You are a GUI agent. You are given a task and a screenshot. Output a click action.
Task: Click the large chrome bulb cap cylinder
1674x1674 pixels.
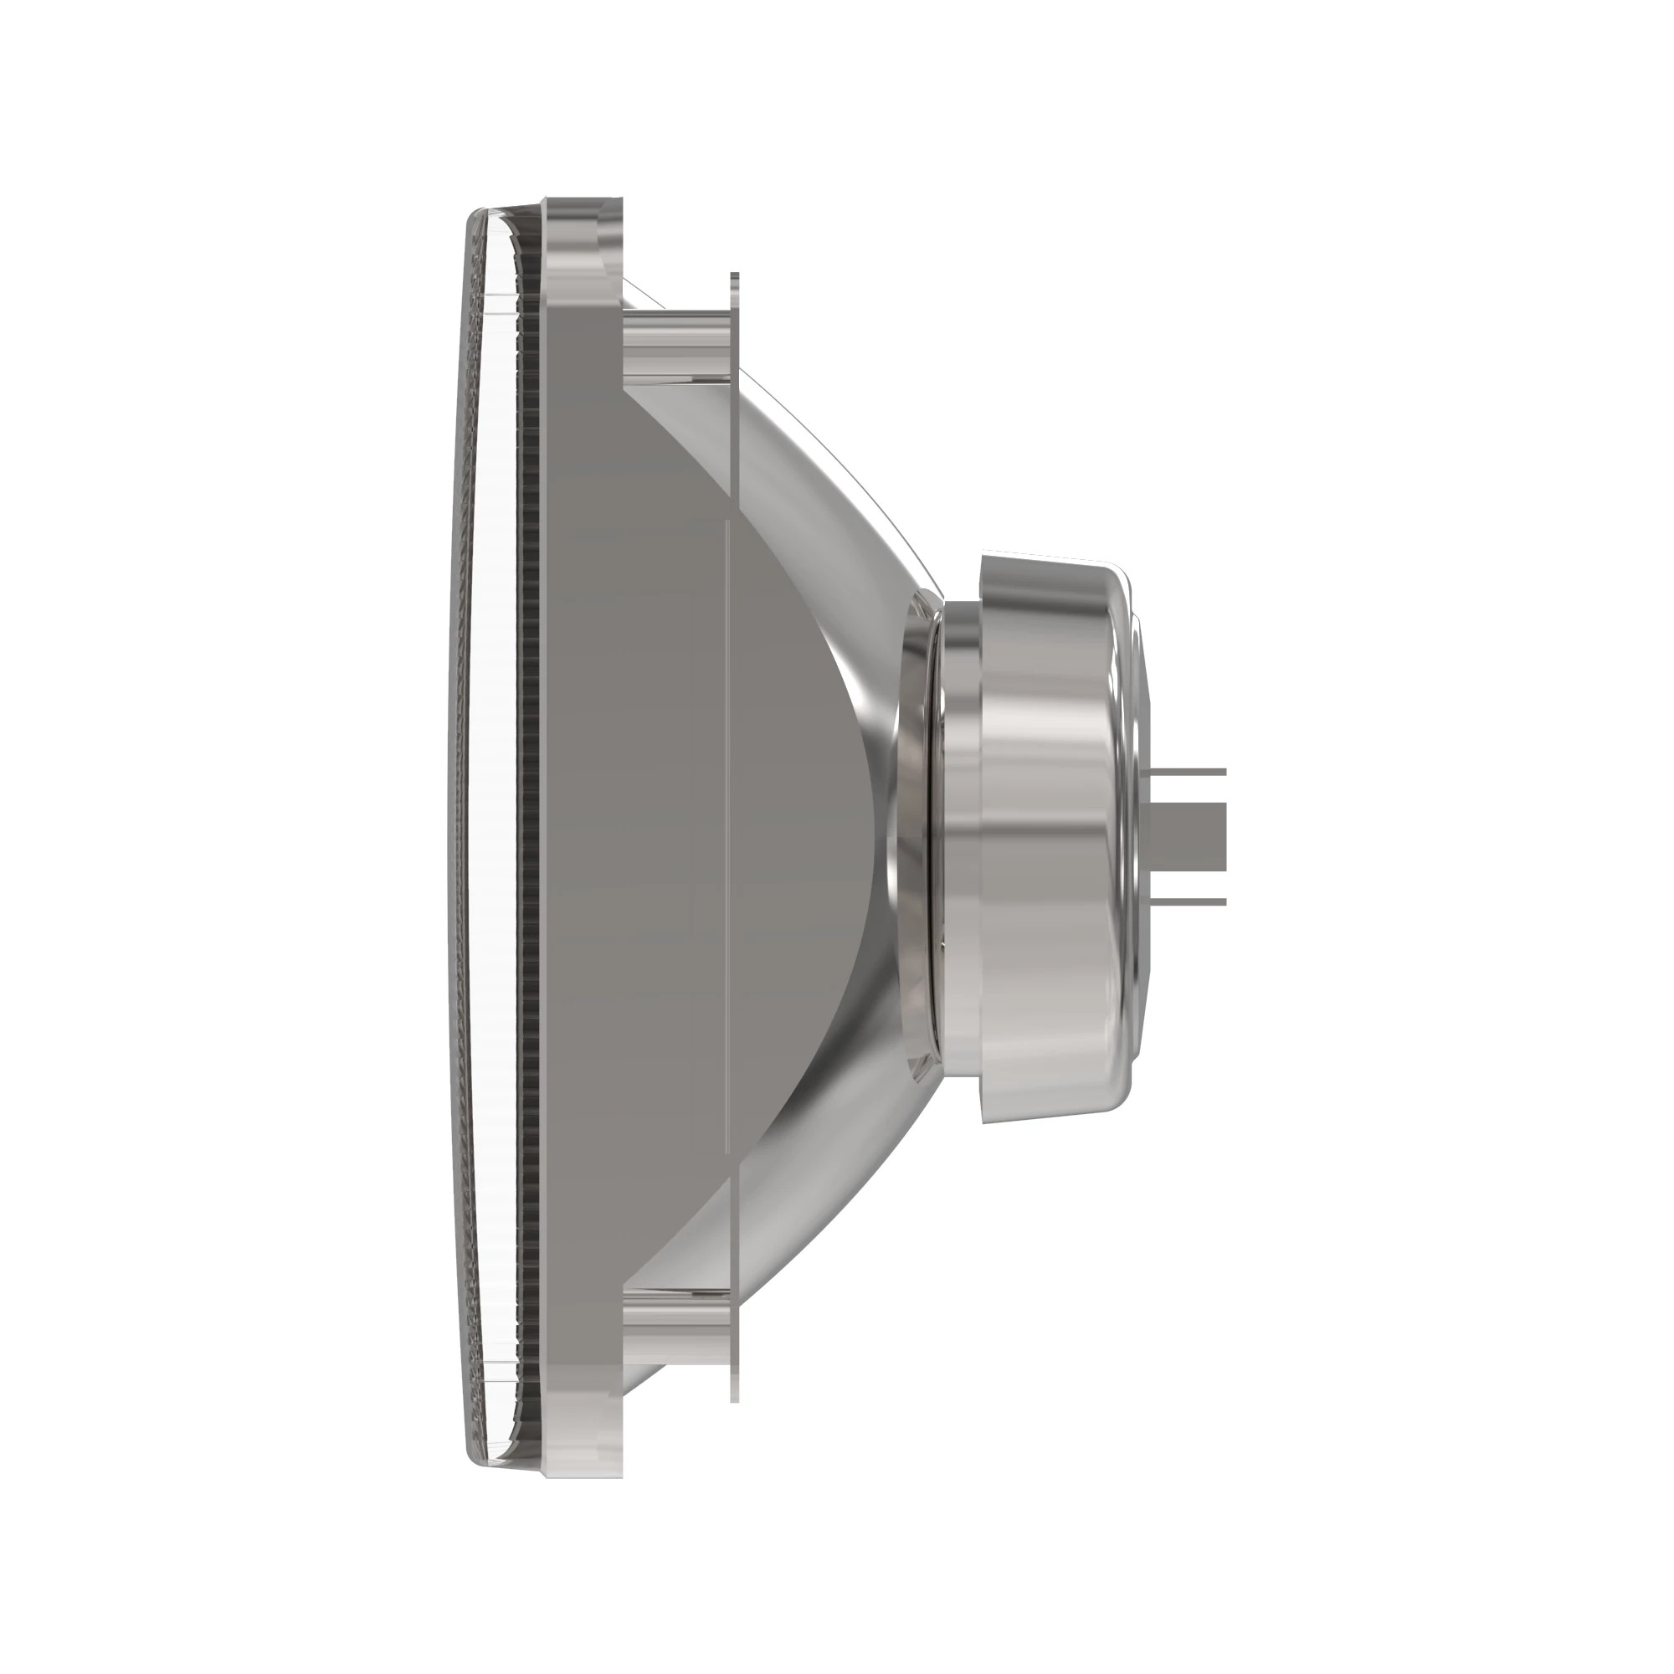pos(1053,836)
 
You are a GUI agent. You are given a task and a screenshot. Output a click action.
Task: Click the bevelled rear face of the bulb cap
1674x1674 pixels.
pos(1142,836)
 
